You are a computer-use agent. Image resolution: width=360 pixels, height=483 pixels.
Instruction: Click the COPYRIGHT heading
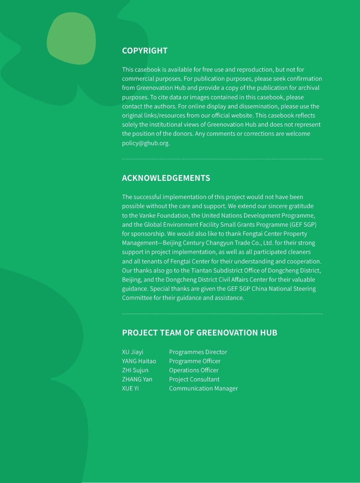pos(144,51)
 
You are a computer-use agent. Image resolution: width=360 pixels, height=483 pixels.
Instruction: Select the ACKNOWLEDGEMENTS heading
pos(166,178)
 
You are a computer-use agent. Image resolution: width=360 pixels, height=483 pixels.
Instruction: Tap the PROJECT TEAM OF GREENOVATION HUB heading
pos(199,333)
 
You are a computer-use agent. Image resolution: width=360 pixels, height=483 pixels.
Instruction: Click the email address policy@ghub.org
pos(146,143)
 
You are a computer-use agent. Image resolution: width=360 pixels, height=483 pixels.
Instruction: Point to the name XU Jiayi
pos(132,352)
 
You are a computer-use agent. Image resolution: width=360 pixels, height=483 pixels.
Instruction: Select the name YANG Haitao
pos(139,361)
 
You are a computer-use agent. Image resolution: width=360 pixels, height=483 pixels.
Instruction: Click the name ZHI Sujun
pos(135,370)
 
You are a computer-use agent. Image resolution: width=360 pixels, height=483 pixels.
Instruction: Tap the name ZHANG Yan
pos(137,379)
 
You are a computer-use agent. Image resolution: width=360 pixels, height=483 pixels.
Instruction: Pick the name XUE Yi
pos(130,389)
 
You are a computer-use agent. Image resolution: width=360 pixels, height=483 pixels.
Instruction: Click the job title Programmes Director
pos(198,352)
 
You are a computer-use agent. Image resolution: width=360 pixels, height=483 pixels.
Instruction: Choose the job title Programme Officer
pos(194,361)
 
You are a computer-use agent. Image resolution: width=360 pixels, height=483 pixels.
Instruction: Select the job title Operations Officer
pos(194,370)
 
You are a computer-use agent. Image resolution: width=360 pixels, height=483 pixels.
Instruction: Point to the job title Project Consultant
pos(194,379)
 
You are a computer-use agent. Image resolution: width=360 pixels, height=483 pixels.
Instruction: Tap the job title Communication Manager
pos(203,389)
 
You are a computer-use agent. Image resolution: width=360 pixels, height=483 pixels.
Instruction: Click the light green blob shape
pos(71,38)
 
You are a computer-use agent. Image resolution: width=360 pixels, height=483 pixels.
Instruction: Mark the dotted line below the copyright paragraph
pos(222,159)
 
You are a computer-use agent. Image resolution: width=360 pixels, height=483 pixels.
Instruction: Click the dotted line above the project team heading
pos(222,314)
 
